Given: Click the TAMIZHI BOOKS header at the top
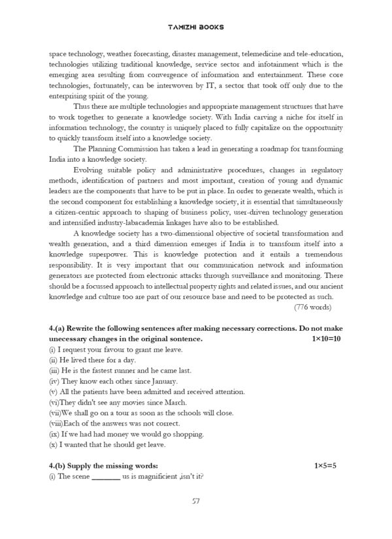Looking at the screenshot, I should point(195,27).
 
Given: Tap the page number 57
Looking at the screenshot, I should point(195,501).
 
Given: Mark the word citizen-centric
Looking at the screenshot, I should point(82,211).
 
